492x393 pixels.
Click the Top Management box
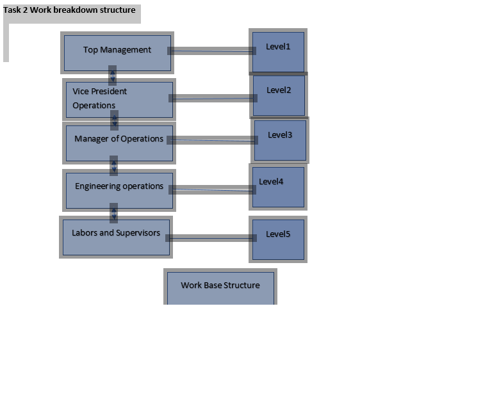(117, 52)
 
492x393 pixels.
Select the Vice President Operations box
(119, 99)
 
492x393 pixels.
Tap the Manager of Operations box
(119, 143)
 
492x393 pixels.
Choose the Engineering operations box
(119, 190)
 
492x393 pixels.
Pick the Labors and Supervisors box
(116, 237)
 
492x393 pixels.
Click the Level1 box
(278, 51)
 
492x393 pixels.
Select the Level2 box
(279, 95)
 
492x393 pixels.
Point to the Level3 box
(280, 140)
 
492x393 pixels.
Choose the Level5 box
(278, 239)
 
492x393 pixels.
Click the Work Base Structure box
(220, 287)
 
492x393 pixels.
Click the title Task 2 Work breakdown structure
(69, 10)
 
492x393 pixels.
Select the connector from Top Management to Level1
(211, 51)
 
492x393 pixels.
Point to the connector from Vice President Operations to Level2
(213, 98)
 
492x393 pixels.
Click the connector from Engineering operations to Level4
(212, 189)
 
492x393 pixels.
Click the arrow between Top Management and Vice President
(113, 75)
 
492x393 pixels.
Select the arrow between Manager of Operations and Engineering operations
(114, 165)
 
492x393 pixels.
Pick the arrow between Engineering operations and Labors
(114, 212)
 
